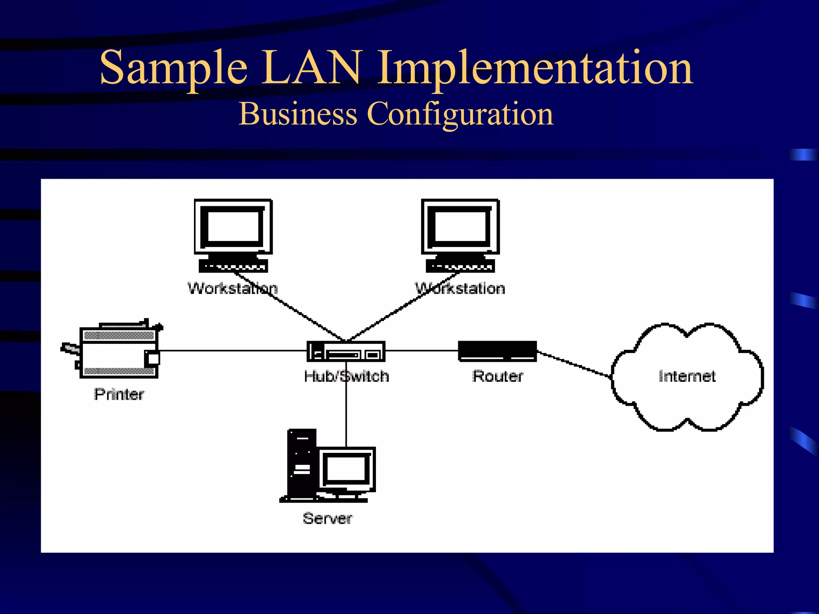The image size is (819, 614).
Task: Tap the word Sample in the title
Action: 174,68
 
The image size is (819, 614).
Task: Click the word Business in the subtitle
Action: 298,114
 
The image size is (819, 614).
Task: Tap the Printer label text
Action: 119,395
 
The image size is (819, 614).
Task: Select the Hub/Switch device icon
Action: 346,351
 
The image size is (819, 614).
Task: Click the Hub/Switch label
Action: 346,377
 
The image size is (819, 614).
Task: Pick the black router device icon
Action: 497,351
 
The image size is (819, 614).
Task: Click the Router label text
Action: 497,376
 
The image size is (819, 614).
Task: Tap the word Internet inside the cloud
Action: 687,377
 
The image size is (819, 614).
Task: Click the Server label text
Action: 328,518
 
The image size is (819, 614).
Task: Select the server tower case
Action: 302,464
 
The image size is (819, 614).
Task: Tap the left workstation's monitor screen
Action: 233,226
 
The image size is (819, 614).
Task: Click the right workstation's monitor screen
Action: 460,226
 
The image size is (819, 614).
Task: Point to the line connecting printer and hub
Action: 232,351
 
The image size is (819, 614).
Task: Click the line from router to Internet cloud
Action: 574,364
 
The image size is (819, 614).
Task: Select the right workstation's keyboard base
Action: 460,266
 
